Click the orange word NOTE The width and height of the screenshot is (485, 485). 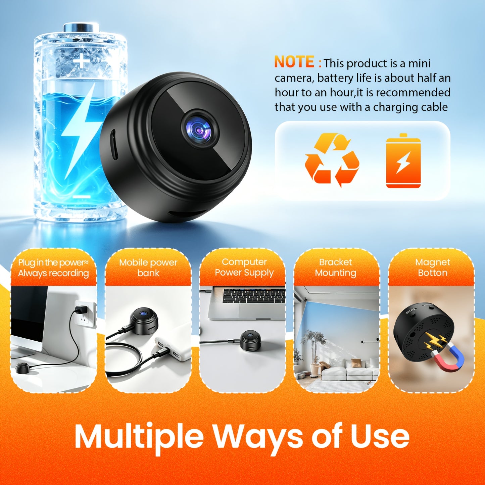294,62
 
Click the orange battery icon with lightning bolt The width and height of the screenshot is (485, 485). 403,161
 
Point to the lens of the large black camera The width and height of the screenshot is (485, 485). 200,130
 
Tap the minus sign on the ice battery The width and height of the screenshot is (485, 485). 81,196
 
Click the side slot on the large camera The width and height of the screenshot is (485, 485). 114,144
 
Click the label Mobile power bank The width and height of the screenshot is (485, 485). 148,268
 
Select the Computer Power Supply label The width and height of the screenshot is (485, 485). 244,267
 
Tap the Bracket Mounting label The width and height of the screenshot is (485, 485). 336,268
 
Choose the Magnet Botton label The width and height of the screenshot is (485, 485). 432,268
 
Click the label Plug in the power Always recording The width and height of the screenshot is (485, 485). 53,268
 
